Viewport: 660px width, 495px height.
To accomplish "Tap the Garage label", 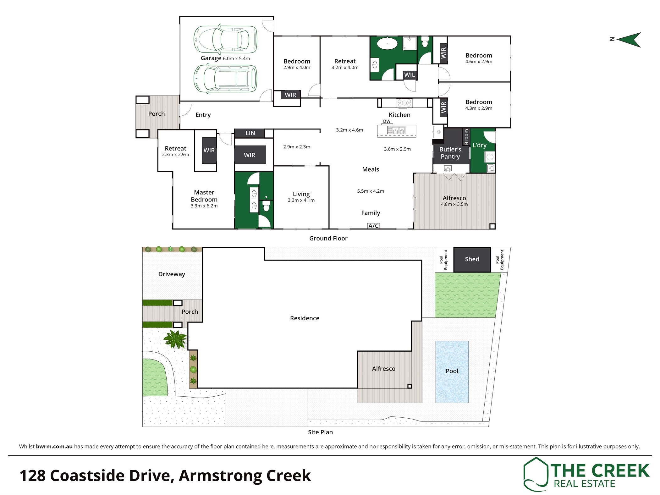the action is (211, 58).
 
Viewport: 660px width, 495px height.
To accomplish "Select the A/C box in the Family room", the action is (373, 226).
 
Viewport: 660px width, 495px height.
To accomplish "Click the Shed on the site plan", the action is (472, 259).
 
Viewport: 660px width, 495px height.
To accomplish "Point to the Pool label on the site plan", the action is (452, 371).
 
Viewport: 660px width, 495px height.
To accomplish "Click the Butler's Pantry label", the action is (450, 153).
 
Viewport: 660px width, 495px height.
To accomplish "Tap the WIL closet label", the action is (410, 75).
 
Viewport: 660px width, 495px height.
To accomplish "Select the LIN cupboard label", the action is (250, 133).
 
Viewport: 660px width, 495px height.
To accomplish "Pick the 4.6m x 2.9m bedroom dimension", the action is (479, 62).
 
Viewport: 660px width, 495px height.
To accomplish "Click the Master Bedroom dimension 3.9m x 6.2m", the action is (204, 206).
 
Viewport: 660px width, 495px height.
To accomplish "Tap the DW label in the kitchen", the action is (387, 121).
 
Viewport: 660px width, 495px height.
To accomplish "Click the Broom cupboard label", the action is (466, 137).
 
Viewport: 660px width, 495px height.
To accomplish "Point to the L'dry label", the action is (480, 145).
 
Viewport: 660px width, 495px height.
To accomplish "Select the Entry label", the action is (203, 115).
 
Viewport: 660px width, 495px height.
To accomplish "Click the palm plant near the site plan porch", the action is (175, 339).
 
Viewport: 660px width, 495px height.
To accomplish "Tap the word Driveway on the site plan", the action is (172, 274).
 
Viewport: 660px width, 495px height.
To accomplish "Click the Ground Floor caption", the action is (328, 238).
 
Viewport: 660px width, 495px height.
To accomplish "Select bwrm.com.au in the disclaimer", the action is (54, 446).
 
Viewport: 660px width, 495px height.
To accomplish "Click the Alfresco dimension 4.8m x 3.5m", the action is (454, 204).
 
